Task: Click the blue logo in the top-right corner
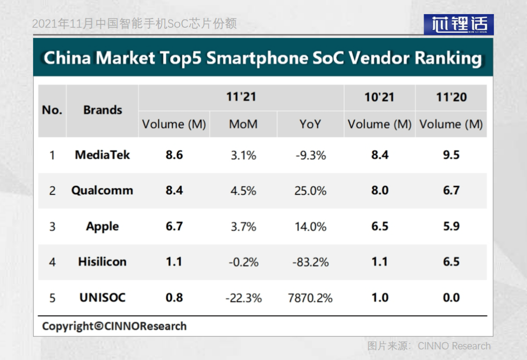[458, 24]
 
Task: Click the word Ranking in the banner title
[448, 59]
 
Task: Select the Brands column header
[102, 110]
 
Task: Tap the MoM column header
[243, 124]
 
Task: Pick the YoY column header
[310, 124]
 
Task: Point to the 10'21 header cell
[379, 97]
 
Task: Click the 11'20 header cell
[451, 97]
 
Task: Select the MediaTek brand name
[102, 155]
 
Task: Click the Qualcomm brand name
[102, 191]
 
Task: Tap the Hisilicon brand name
[102, 261]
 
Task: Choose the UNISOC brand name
[102, 298]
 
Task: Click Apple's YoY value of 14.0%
[310, 226]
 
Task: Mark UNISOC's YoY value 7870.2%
[310, 298]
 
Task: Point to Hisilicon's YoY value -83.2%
[310, 262]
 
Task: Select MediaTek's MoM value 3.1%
[243, 155]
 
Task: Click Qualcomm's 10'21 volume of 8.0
[380, 190]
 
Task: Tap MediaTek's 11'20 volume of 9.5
[451, 155]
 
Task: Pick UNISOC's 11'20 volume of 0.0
[451, 298]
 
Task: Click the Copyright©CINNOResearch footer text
[114, 326]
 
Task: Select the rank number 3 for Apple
[52, 226]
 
